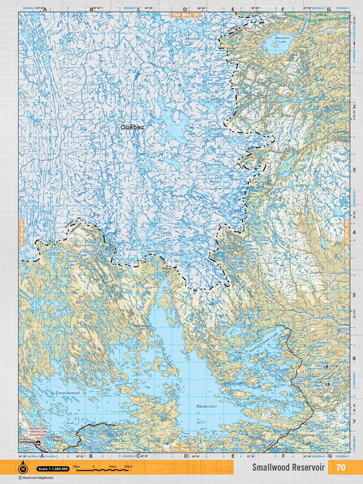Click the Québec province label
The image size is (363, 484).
(132, 127)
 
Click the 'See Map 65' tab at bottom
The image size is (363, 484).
(184, 449)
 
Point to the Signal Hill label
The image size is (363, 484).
(167, 270)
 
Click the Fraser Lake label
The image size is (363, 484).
(223, 324)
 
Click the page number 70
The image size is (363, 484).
(341, 467)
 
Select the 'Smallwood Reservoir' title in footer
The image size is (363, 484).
(288, 467)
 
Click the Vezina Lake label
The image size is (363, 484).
(72, 263)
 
